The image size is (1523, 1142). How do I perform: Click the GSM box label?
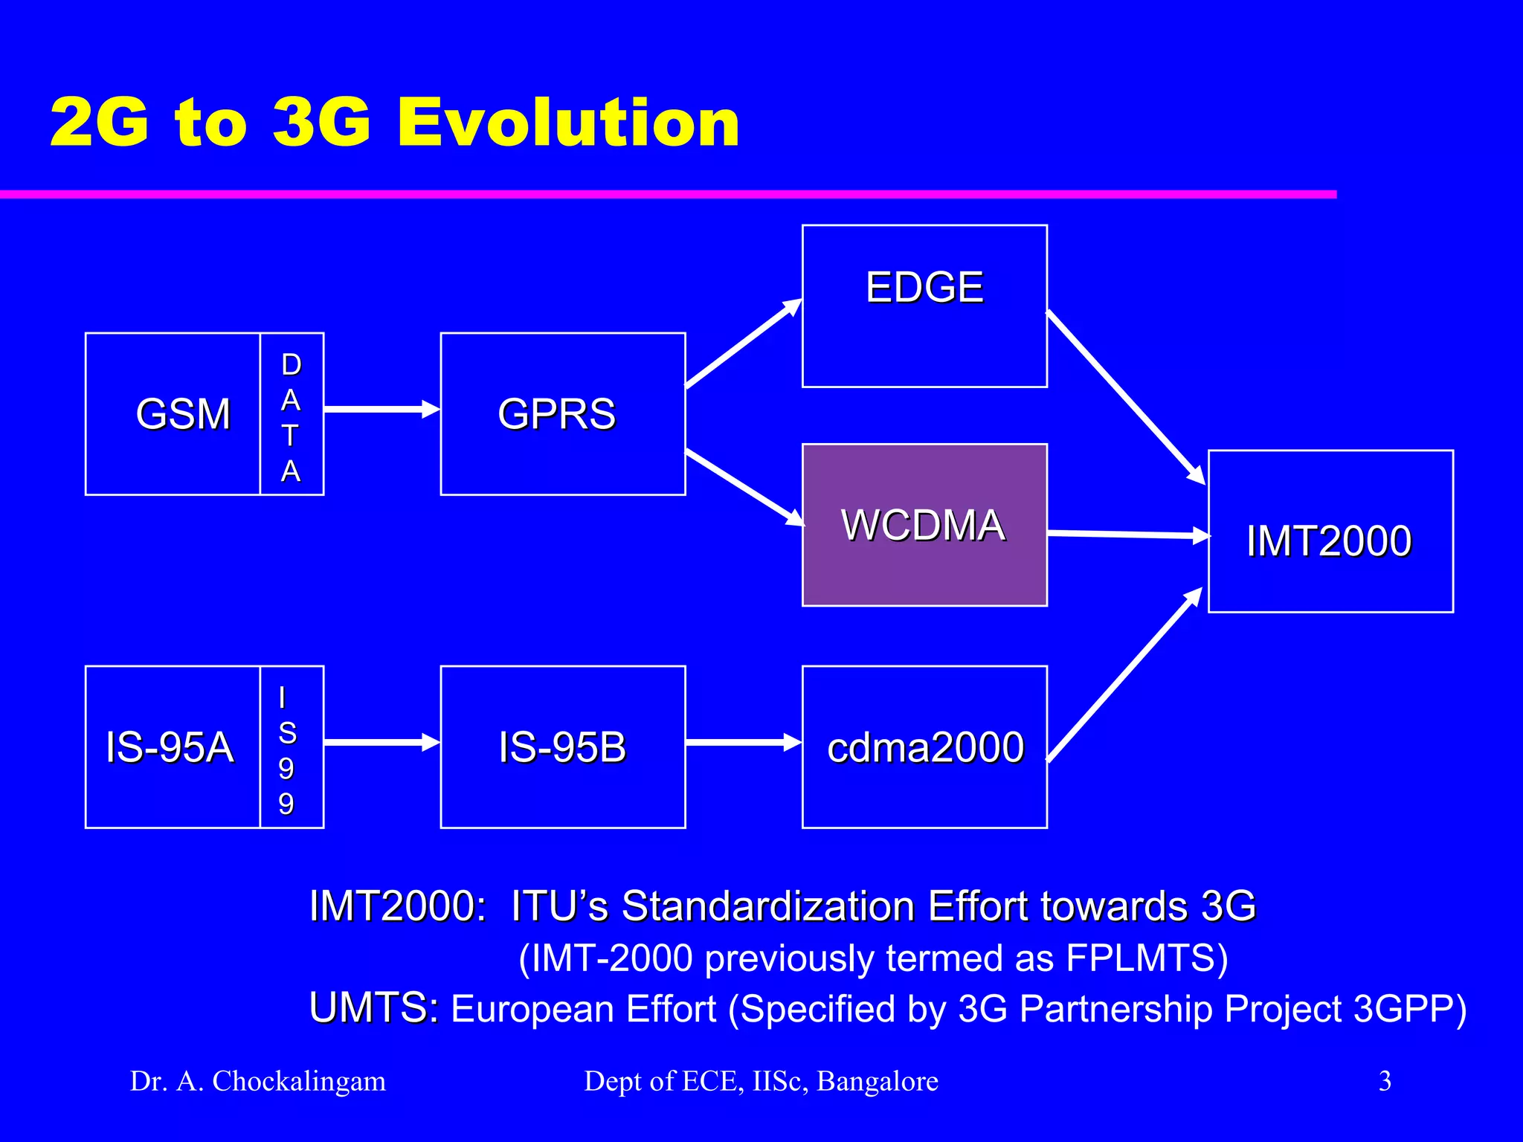point(183,414)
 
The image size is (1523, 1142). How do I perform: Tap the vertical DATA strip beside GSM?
point(292,414)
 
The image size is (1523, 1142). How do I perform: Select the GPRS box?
point(562,414)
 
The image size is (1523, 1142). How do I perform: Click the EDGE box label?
point(924,288)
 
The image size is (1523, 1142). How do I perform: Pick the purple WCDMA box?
point(924,525)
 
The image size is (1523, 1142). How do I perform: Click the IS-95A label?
point(170,747)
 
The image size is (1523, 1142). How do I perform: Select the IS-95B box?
point(562,747)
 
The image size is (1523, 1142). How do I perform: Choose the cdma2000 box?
point(924,747)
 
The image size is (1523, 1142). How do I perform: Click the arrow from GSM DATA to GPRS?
point(381,410)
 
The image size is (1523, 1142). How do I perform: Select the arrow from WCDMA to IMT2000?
point(1127,535)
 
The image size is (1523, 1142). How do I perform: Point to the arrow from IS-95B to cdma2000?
point(742,742)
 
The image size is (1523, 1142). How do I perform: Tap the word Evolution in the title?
point(568,123)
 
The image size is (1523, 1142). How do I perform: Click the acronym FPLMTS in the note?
point(1145,958)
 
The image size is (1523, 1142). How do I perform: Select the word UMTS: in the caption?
point(374,1009)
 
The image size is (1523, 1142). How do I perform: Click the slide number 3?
point(1385,1081)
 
